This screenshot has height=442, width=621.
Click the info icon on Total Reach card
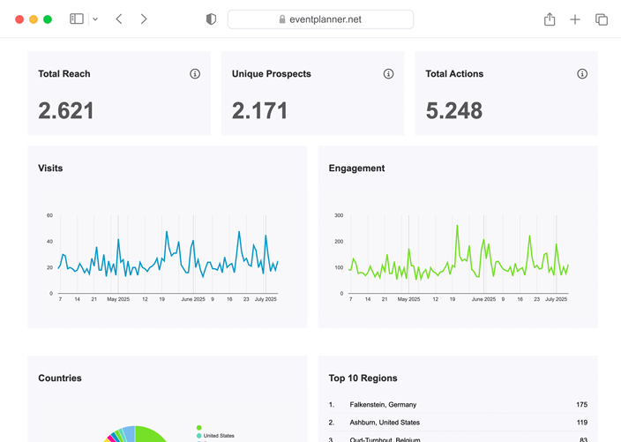click(195, 74)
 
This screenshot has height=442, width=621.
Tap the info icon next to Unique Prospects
click(388, 74)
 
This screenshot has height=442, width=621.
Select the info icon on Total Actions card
click(582, 74)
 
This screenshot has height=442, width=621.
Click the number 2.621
click(66, 110)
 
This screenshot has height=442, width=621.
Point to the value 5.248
click(453, 110)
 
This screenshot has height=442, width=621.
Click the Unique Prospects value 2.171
click(259, 110)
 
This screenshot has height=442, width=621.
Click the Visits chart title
click(50, 168)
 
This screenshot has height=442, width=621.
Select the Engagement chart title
click(356, 168)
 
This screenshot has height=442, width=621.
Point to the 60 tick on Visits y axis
click(49, 215)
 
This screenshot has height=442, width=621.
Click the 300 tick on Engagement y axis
click(339, 215)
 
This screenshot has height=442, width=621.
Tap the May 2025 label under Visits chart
click(118, 300)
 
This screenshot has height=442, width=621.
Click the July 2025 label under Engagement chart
click(556, 300)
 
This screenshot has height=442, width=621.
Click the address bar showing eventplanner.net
click(320, 19)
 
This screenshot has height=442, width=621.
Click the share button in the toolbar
click(550, 19)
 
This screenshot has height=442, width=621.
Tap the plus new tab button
click(575, 19)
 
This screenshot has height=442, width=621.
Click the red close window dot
click(19, 19)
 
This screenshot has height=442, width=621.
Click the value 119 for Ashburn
click(580, 423)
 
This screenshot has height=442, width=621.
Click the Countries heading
click(60, 378)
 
